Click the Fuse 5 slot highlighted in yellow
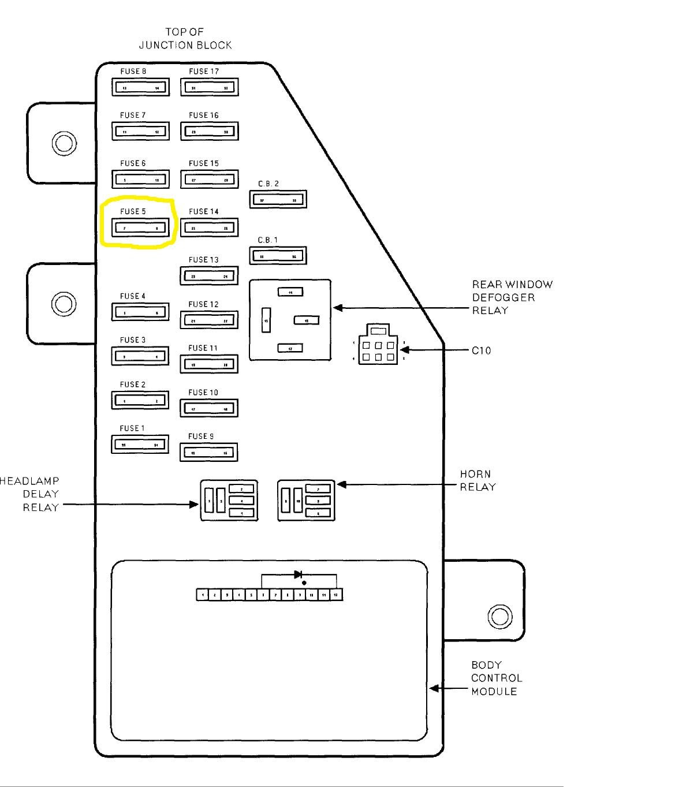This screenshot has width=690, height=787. [x=140, y=227]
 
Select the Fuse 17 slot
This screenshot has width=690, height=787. [x=209, y=88]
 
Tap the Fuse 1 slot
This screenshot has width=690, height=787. [x=140, y=445]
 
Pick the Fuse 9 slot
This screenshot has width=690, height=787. [x=209, y=452]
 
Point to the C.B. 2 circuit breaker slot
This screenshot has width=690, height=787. [x=278, y=200]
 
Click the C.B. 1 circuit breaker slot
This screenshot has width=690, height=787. [x=278, y=256]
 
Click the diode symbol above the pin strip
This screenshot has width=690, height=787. [x=299, y=575]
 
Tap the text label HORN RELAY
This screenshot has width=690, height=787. [x=478, y=480]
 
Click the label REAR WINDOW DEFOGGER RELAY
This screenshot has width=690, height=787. [x=512, y=297]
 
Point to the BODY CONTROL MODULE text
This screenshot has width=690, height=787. [x=496, y=678]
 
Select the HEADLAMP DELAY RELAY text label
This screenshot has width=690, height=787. [x=30, y=494]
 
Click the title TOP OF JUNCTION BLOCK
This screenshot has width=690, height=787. [x=185, y=39]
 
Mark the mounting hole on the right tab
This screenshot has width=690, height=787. [x=499, y=616]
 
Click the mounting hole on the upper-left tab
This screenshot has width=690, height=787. [x=64, y=143]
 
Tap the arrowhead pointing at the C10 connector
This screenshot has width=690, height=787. [x=405, y=350]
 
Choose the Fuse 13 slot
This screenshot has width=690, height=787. [x=209, y=276]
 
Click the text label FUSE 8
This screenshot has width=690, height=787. [x=133, y=72]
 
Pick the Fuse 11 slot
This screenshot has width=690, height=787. [x=209, y=364]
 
